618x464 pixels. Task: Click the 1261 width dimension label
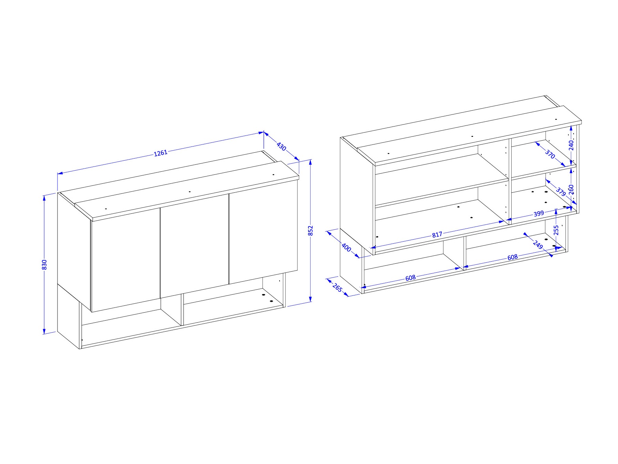point(160,153)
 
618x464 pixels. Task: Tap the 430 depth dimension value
point(281,147)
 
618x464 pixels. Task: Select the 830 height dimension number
point(44,264)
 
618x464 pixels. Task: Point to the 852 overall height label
point(310,231)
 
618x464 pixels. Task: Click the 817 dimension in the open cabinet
point(437,235)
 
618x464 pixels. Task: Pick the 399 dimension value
point(538,214)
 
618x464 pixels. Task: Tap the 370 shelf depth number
point(550,154)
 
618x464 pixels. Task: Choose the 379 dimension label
point(561,192)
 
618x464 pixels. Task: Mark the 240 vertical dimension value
point(571,145)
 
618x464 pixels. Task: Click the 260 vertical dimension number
point(571,189)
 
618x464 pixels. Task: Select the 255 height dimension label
point(556,230)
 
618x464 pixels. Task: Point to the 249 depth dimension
point(538,245)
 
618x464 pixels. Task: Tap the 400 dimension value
point(346,247)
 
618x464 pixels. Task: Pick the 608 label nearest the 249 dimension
point(512,257)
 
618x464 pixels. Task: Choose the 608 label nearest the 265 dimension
point(410,278)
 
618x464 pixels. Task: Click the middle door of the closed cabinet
point(195,245)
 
